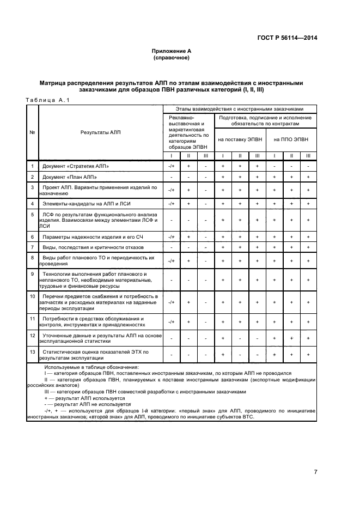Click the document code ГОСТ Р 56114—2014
pos(287,38)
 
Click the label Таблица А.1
pos(47,100)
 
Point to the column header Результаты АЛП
pos(100,132)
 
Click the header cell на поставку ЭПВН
pos(240,139)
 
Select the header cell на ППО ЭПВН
pos(291,139)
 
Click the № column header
pos(32,132)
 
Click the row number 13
pos(32,352)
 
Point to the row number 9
pos(32,273)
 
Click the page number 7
pos(315,471)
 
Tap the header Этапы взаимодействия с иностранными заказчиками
pos(239,109)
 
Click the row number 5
pos(32,215)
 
